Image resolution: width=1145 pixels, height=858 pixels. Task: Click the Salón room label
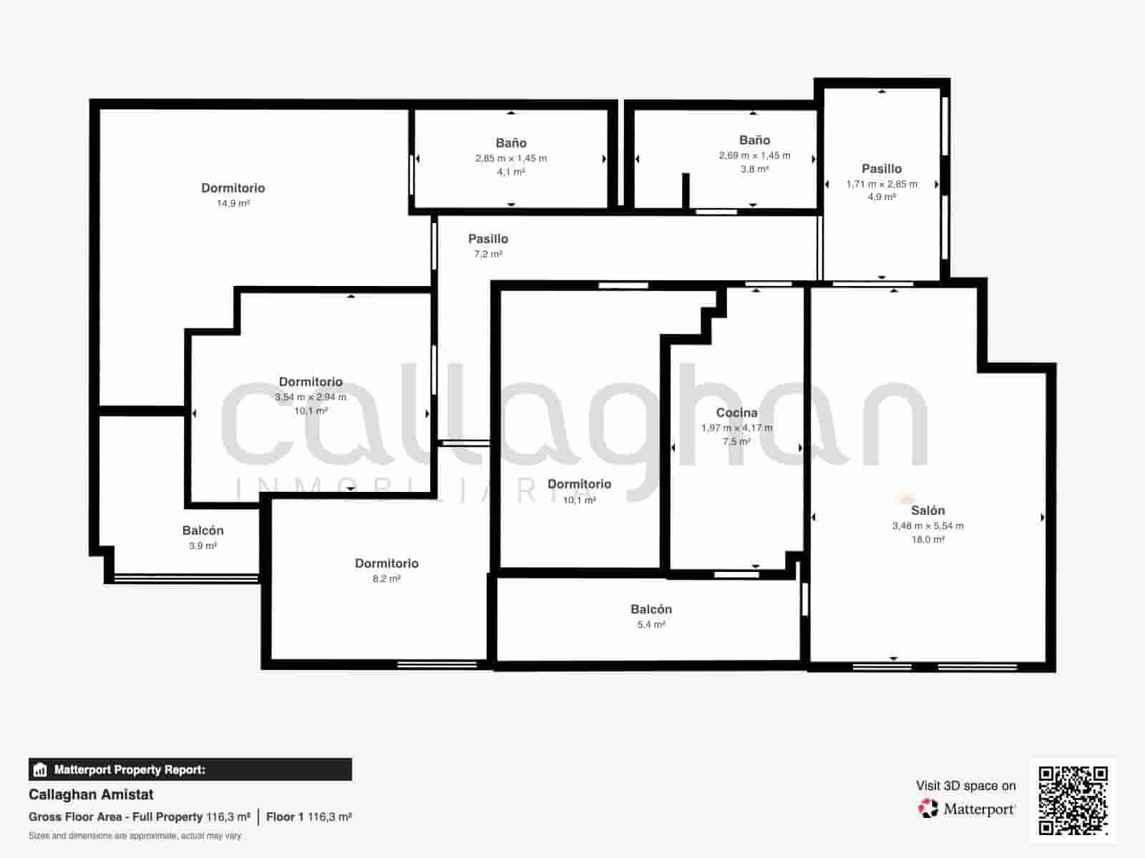(927, 511)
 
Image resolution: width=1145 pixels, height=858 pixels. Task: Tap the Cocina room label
(736, 413)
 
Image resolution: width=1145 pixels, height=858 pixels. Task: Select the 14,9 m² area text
(233, 203)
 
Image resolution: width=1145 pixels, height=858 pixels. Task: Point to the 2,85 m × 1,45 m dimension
(511, 158)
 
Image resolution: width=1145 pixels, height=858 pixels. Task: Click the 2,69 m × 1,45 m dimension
(754, 155)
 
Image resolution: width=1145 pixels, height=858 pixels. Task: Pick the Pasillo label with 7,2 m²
(488, 239)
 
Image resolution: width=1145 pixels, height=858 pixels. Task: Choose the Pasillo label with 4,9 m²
(881, 169)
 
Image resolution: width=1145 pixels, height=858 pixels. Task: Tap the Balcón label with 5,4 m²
(651, 609)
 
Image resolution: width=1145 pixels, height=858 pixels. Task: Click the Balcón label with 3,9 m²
(203, 531)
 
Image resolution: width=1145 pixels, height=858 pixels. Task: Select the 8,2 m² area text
(386, 578)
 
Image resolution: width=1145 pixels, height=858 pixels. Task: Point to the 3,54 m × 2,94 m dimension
(311, 397)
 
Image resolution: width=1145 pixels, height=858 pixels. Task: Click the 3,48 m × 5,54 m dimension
(927, 526)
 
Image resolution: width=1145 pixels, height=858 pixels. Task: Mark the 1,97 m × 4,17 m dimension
(736, 428)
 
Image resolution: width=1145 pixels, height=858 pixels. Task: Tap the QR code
(1073, 801)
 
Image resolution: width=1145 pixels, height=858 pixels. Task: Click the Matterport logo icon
(928, 809)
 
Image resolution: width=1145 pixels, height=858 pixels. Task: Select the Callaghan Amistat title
(91, 794)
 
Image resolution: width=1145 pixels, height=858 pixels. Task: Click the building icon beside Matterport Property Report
(40, 770)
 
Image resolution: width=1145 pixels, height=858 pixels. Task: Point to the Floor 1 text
(285, 817)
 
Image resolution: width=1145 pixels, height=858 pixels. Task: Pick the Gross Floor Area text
(115, 817)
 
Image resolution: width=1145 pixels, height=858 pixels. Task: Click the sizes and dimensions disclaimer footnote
(135, 835)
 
